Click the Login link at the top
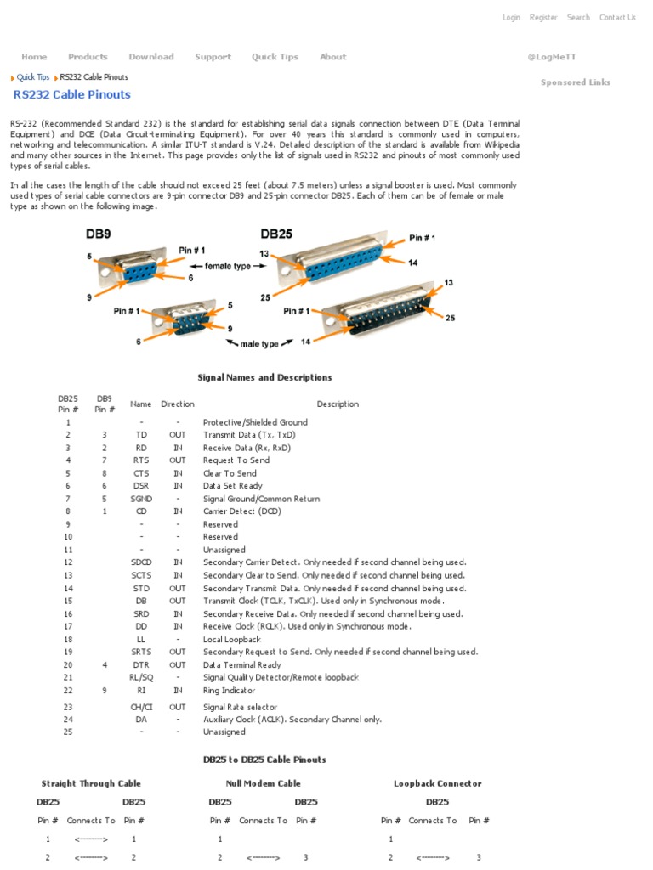tap(511, 17)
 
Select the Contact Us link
tap(617, 17)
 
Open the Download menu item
tap(151, 57)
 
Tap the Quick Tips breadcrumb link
tap(33, 77)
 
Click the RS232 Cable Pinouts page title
tap(72, 94)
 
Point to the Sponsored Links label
tap(576, 82)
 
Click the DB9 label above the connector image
tap(98, 234)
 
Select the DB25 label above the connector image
tap(277, 234)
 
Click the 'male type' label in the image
tap(258, 344)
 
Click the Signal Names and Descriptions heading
tap(264, 377)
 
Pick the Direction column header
tap(178, 404)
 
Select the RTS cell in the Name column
tap(141, 460)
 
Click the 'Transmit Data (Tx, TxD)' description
tap(249, 435)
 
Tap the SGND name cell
tap(141, 499)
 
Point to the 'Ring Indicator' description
tap(230, 691)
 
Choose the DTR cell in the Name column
tap(141, 665)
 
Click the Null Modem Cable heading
tap(263, 783)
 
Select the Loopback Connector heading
tap(437, 783)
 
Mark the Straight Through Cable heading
tap(91, 783)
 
